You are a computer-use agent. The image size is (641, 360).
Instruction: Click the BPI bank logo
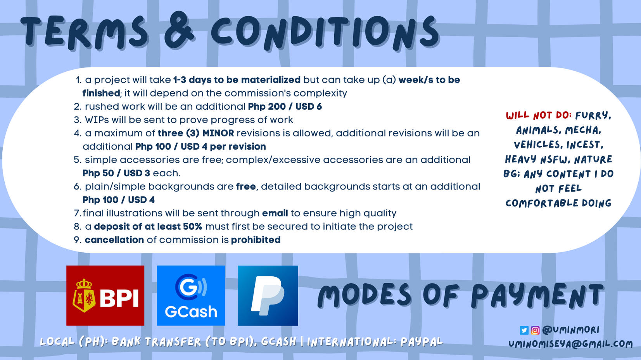tap(105, 295)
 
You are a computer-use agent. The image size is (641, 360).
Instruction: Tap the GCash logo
tap(191, 295)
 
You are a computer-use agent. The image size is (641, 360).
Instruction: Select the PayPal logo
tap(268, 295)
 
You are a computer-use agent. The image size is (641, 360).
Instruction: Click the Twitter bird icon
tap(524, 330)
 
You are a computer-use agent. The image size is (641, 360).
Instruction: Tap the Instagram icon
tap(535, 330)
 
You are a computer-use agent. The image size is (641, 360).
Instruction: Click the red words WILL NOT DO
tap(539, 115)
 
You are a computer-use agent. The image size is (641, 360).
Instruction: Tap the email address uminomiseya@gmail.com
tap(570, 344)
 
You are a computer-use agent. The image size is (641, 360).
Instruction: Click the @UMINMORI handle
tap(570, 330)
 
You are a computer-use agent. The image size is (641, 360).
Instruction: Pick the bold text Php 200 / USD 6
tap(285, 107)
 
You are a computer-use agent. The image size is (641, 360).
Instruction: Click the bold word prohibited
tap(256, 240)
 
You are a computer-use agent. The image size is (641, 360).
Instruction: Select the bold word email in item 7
tap(275, 213)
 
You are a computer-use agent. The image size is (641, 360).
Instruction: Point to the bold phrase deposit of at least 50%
tap(148, 226)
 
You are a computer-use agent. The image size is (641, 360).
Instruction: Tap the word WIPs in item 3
tap(97, 120)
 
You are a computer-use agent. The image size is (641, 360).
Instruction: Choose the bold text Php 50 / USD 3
tap(116, 173)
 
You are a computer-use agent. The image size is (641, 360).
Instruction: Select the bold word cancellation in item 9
tap(114, 240)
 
